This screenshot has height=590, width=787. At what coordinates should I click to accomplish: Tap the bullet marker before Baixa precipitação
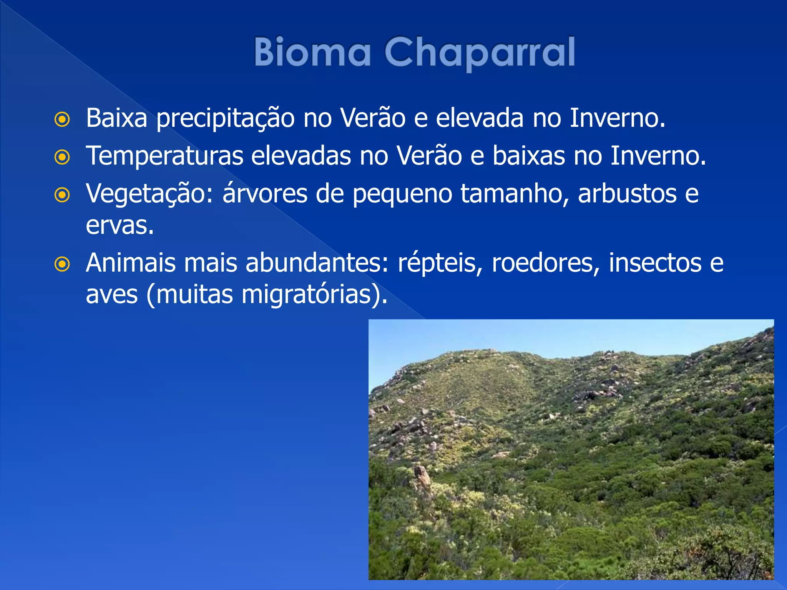tap(62, 119)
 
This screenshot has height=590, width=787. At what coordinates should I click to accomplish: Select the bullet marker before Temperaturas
tap(62, 157)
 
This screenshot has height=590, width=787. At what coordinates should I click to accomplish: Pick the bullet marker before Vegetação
tap(62, 195)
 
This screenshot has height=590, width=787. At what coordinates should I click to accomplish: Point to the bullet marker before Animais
tap(62, 264)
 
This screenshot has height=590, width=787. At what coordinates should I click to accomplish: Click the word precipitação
tap(225, 118)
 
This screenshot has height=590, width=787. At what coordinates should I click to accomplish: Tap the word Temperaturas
tap(164, 156)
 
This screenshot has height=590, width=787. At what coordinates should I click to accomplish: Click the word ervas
tap(119, 225)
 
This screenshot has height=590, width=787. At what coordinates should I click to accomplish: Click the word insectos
tap(655, 263)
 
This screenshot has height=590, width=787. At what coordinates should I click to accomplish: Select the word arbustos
tap(627, 194)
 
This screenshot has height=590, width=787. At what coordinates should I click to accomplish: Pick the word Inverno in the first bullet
tap(616, 118)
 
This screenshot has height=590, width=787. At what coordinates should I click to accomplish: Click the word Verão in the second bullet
tap(429, 156)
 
